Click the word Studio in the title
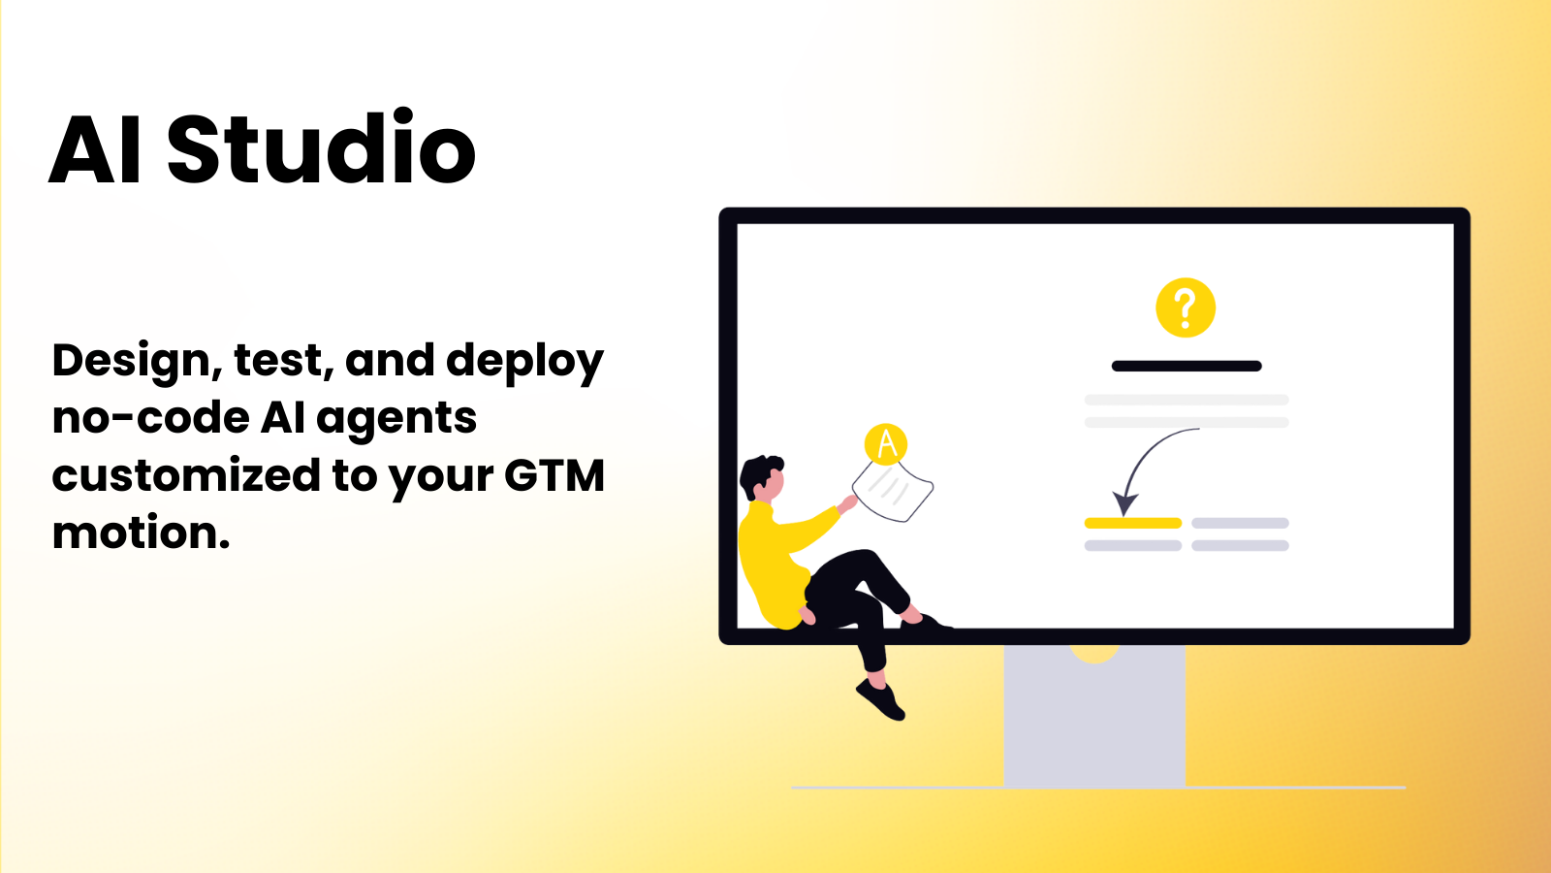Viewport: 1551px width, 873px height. (x=321, y=146)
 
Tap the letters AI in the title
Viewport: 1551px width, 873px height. (x=96, y=148)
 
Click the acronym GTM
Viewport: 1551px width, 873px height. (x=554, y=475)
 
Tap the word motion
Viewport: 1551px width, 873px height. (x=141, y=533)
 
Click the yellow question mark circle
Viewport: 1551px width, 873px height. (x=1186, y=307)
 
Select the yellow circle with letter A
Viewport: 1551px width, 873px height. (x=886, y=444)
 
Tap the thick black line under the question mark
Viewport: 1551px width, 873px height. (x=1187, y=366)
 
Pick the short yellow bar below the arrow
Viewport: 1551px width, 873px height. (x=1133, y=523)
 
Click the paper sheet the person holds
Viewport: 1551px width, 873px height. (x=893, y=490)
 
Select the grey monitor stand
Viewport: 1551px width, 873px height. (x=1094, y=716)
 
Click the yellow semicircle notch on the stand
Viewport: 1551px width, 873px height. (x=1094, y=654)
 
